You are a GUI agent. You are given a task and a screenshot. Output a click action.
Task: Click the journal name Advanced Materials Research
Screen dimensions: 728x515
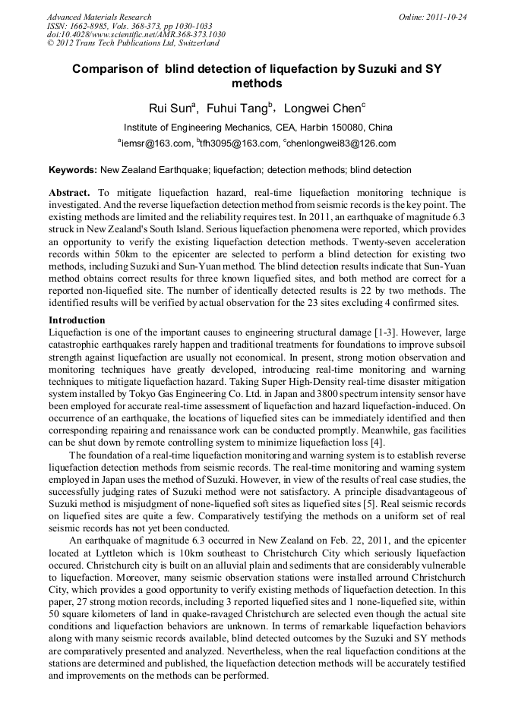pos(99,17)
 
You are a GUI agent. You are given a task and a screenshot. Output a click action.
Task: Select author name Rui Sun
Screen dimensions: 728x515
pos(172,108)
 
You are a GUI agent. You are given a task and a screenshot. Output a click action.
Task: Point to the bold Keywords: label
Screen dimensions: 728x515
pos(73,170)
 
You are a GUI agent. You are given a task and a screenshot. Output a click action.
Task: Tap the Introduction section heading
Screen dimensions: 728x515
pos(77,320)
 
